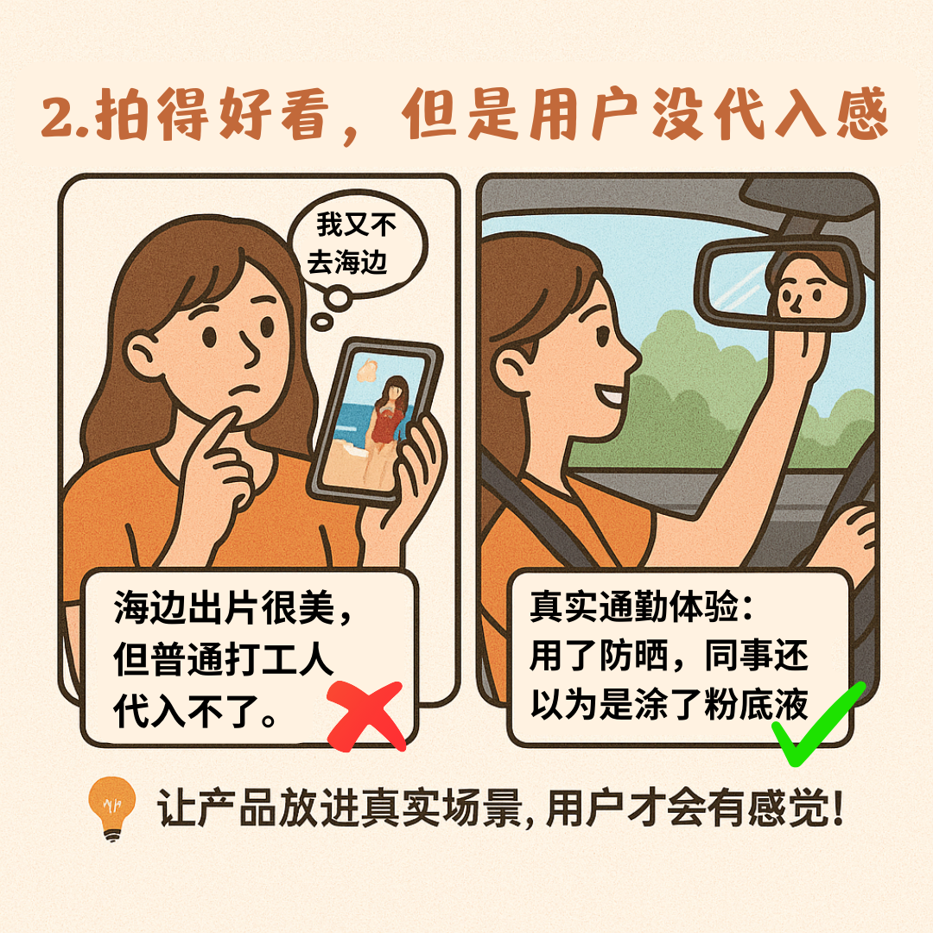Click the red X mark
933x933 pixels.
pos(366,714)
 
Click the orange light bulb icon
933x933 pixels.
pos(111,809)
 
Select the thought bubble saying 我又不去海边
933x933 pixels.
pos(357,243)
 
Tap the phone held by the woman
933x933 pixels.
pos(375,422)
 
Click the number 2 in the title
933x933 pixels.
pos(58,117)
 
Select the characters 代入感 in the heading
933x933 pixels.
pos(800,114)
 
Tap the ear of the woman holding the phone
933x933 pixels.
pos(143,356)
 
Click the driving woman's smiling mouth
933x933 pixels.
pos(609,395)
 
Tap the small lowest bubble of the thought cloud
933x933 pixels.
pos(322,322)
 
